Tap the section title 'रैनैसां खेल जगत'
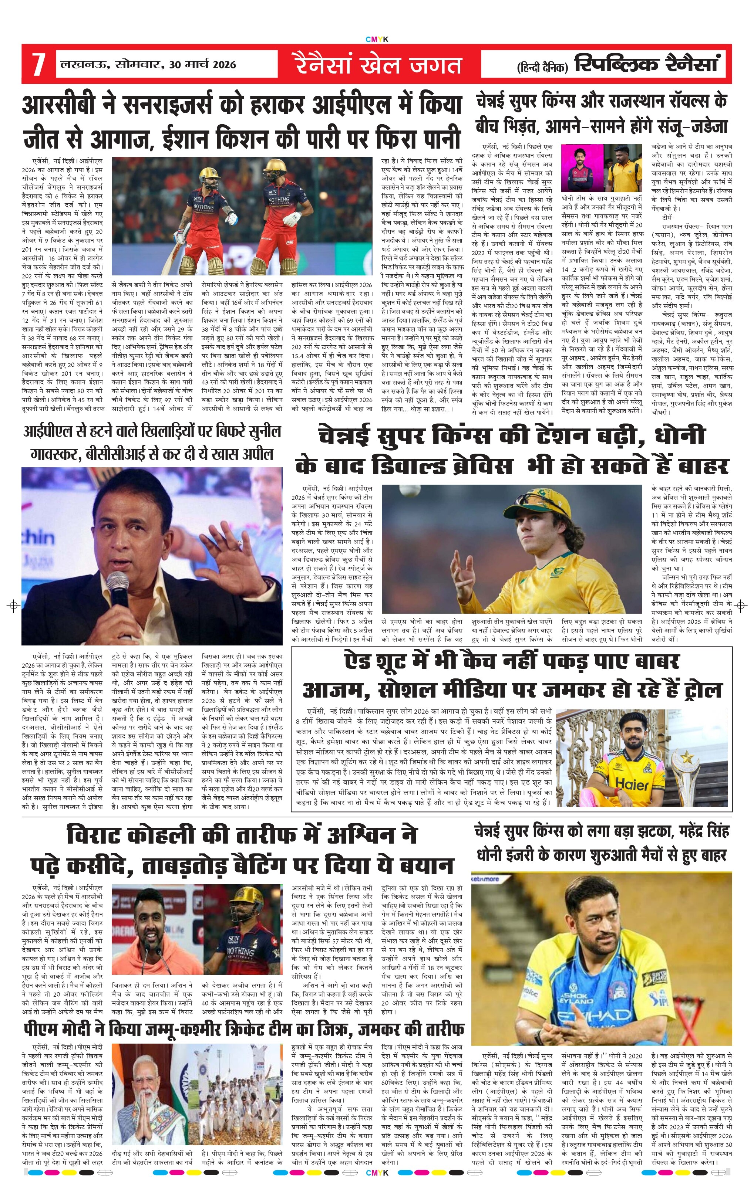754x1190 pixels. point(379,65)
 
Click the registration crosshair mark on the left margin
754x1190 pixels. point(14,605)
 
